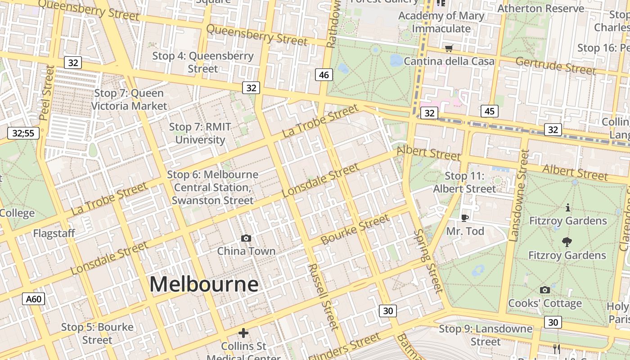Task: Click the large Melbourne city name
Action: (x=204, y=284)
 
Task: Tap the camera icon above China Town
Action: (x=246, y=238)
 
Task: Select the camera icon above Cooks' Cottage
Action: (x=544, y=290)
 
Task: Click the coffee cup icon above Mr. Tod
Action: (x=465, y=218)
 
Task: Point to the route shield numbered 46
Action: (x=324, y=75)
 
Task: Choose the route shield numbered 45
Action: (x=489, y=111)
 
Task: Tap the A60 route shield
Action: (x=34, y=299)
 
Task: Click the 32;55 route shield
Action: (x=23, y=133)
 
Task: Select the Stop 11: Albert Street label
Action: (x=464, y=182)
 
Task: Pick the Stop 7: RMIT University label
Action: (x=200, y=133)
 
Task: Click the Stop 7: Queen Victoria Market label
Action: (x=129, y=99)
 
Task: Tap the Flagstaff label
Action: (x=54, y=234)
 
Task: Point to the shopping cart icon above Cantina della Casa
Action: (x=449, y=49)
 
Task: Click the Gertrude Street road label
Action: (x=555, y=66)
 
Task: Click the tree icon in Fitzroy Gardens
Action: (x=567, y=242)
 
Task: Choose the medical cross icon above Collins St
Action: (x=243, y=333)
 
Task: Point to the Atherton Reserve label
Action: (x=541, y=8)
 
